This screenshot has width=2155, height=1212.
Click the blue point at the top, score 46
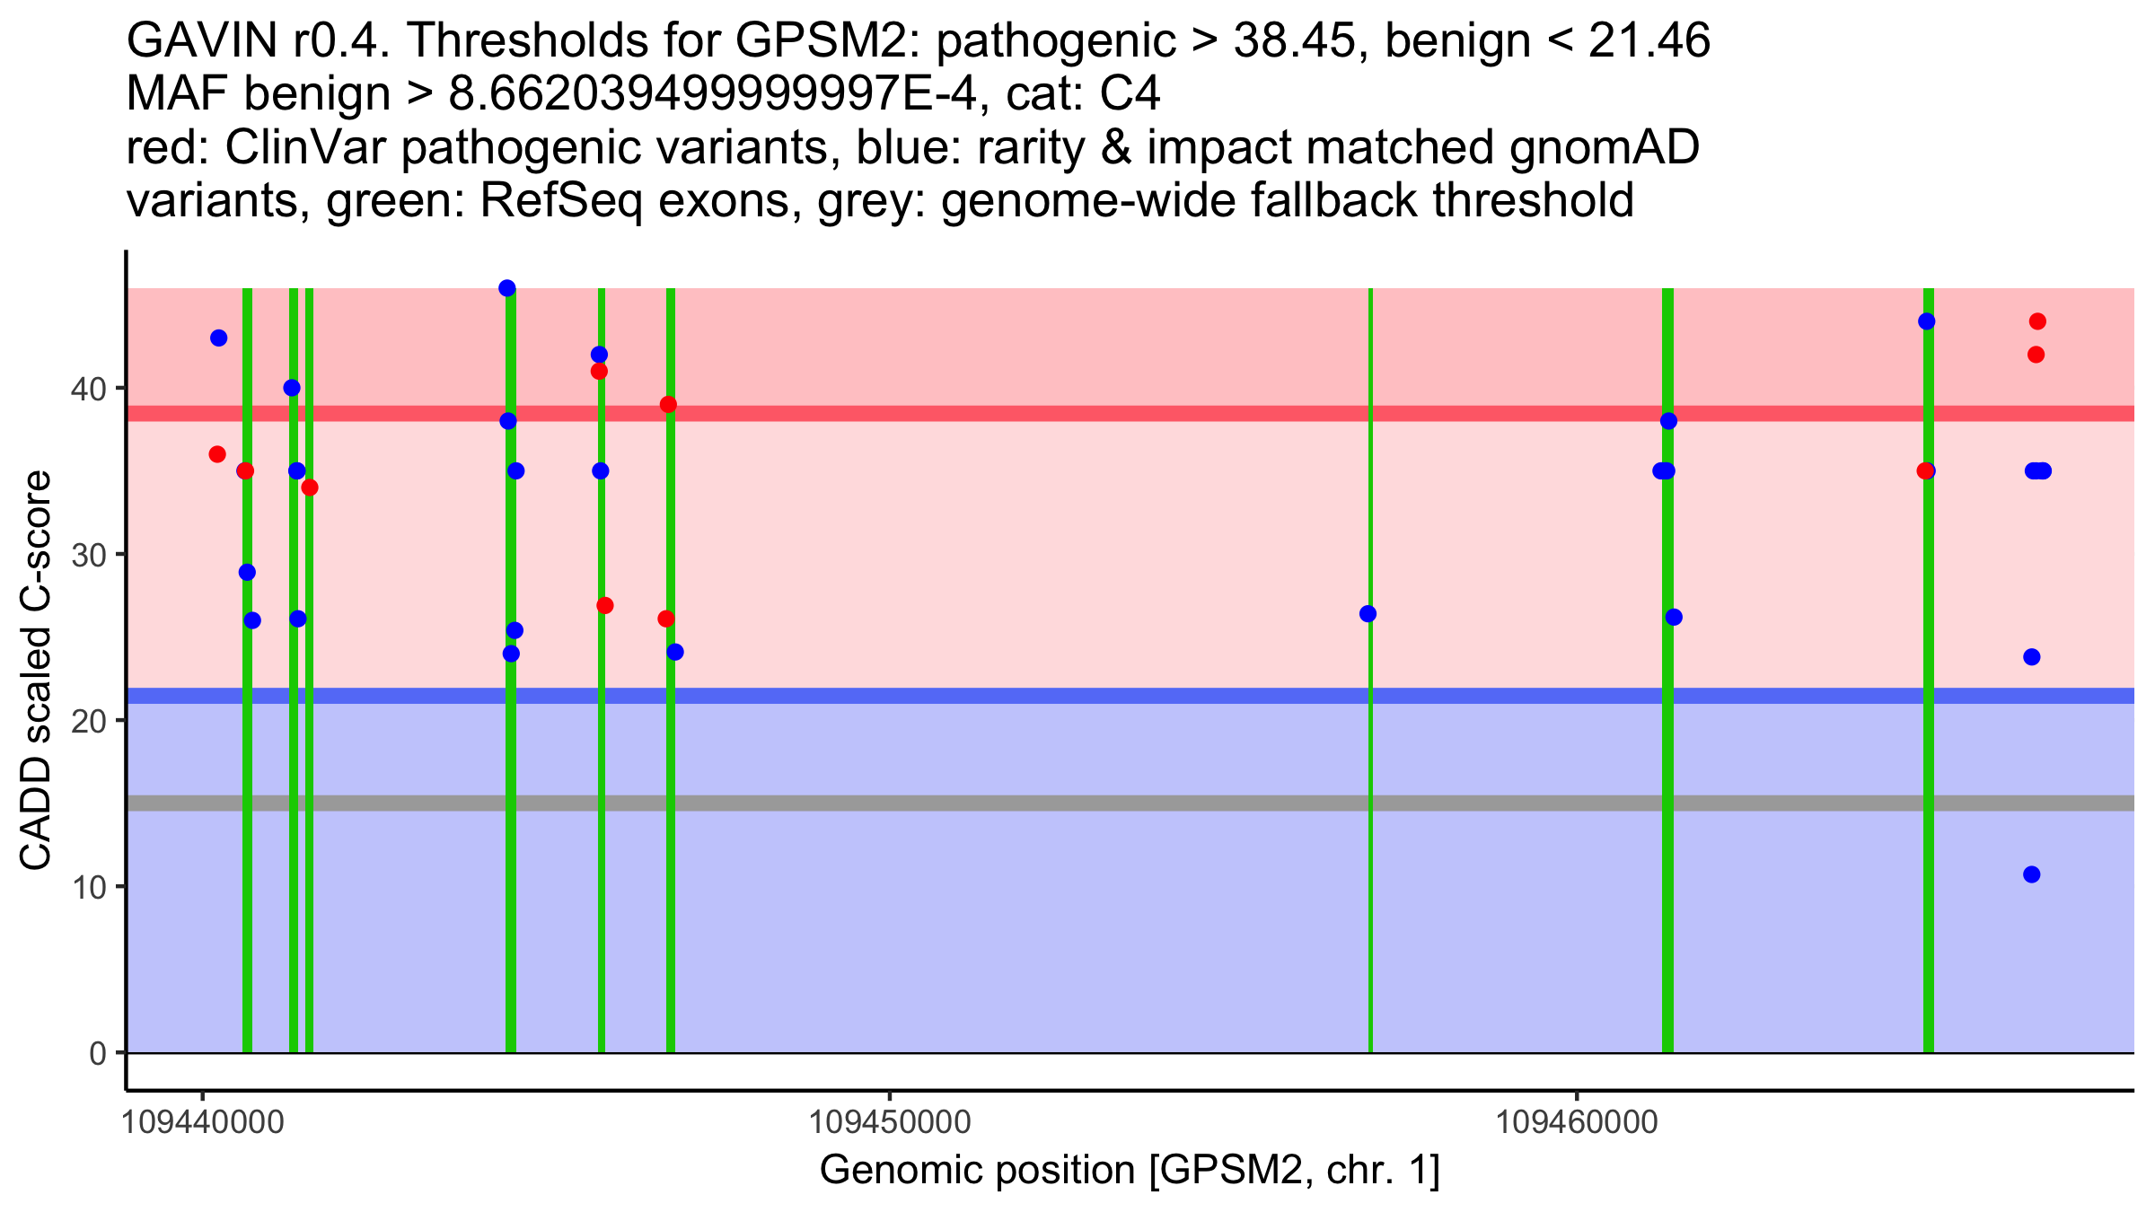pyautogui.click(x=507, y=288)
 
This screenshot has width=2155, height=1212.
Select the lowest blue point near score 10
pyautogui.click(x=2032, y=874)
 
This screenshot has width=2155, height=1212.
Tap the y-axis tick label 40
pyautogui.click(x=88, y=389)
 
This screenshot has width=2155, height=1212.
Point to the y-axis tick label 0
pyautogui.click(x=97, y=1053)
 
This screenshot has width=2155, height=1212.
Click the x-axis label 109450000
pyautogui.click(x=890, y=1122)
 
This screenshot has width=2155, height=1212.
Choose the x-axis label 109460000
pyautogui.click(x=1577, y=1122)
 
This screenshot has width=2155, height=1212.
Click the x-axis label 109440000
pyautogui.click(x=203, y=1122)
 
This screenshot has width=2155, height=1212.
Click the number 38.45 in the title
pyautogui.click(x=1294, y=40)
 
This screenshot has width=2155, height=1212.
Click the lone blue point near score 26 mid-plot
pyautogui.click(x=1368, y=614)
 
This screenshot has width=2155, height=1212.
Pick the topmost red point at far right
pyautogui.click(x=2037, y=321)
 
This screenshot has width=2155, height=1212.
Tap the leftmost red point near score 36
pyautogui.click(x=217, y=454)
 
